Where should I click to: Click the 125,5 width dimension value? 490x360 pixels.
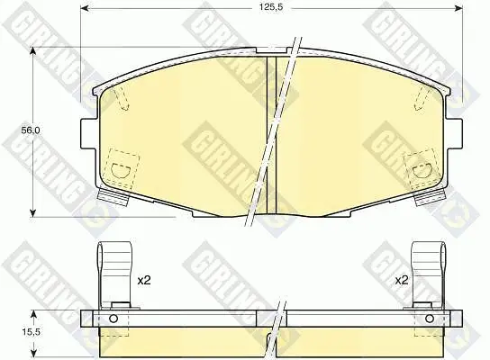(270, 7)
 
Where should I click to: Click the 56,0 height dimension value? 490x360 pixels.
(31, 130)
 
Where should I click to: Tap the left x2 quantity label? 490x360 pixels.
(144, 280)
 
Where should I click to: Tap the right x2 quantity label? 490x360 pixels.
(402, 280)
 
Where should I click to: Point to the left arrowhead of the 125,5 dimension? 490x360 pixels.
(85, 7)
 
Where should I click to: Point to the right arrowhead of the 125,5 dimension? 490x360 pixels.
(458, 7)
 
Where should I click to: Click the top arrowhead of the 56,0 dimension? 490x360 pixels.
(32, 51)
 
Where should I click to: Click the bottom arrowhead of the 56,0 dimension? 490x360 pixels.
(32, 213)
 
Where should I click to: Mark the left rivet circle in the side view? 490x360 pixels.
(113, 319)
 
